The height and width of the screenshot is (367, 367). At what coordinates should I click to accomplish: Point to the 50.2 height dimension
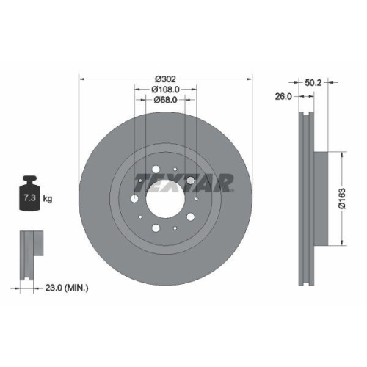(313, 84)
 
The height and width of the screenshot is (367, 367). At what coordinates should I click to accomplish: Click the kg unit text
(47, 199)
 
